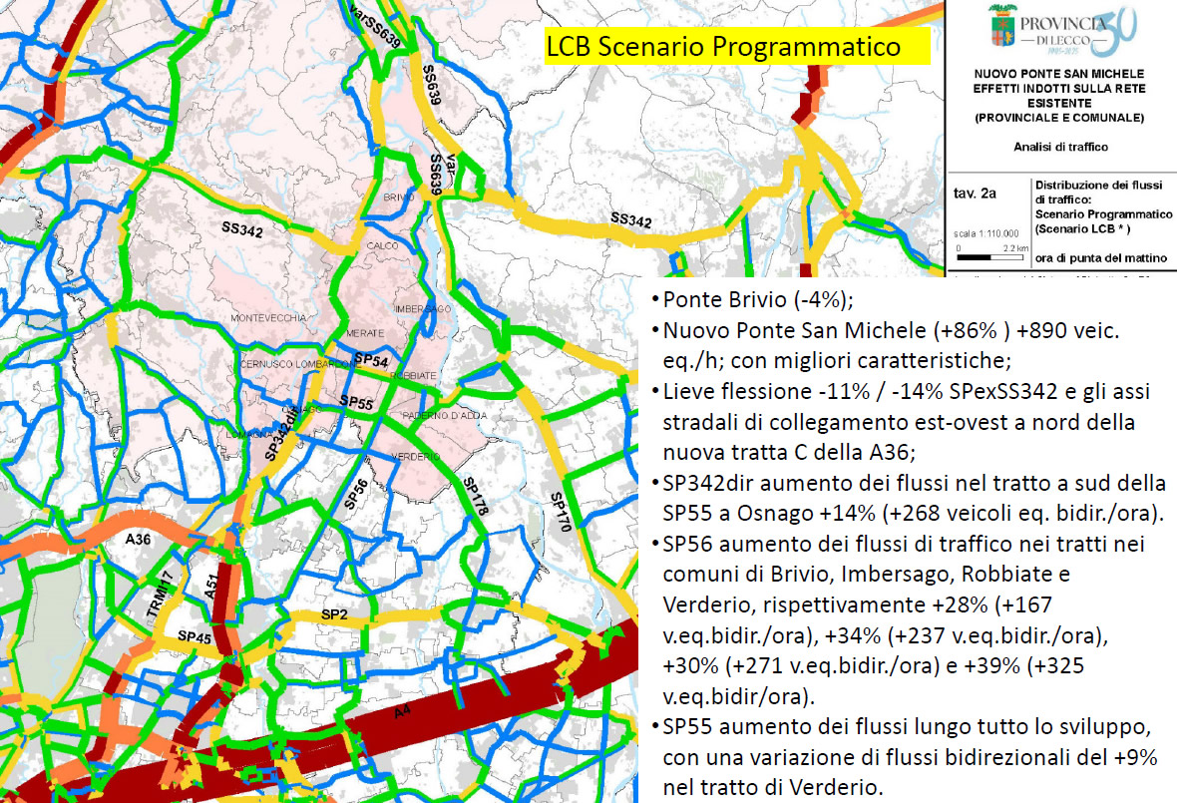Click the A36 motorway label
pos(138,540)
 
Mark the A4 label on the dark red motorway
pos(403,713)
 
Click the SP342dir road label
pos(281,434)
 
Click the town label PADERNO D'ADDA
pos(437,417)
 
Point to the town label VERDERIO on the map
pos(422,456)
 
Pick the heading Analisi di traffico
pos(1059,147)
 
